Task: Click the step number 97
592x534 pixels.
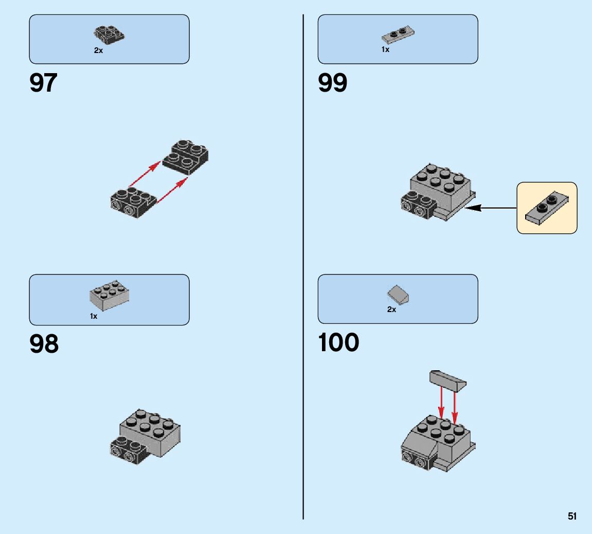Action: click(44, 83)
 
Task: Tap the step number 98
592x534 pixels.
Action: click(44, 344)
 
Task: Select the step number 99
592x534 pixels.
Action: click(333, 83)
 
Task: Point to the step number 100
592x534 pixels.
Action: click(338, 343)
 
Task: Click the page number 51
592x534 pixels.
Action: click(572, 516)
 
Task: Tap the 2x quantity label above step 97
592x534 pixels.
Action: click(98, 51)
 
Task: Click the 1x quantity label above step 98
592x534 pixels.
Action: click(93, 316)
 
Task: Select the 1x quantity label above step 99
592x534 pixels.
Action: click(385, 50)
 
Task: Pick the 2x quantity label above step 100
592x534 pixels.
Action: click(391, 309)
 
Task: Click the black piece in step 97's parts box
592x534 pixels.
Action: click(110, 34)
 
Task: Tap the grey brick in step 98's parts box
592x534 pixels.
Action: click(110, 296)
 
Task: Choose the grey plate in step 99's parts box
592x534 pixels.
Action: click(398, 35)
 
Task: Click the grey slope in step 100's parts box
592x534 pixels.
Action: click(398, 295)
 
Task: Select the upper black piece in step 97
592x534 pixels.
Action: click(186, 157)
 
